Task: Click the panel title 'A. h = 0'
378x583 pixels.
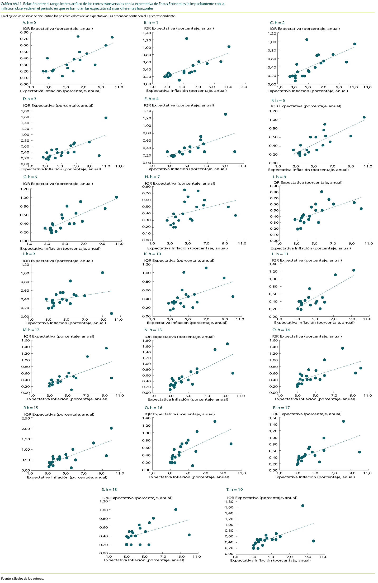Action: (29, 23)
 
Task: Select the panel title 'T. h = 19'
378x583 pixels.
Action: (234, 489)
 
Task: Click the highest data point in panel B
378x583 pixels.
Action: (187, 38)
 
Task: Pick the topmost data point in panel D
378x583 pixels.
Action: (106, 118)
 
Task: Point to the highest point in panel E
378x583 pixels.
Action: (225, 114)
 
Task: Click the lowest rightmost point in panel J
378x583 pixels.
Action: (111, 313)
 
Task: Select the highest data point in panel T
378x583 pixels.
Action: (303, 505)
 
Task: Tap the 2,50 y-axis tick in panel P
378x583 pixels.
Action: (26, 418)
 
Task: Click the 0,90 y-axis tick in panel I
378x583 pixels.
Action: (274, 186)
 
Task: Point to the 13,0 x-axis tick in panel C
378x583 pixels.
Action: (367, 87)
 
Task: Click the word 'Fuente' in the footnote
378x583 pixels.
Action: (6, 579)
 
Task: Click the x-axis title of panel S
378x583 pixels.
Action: (144, 560)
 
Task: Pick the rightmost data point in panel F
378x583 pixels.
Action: (364, 117)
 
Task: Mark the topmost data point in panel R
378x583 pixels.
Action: (343, 421)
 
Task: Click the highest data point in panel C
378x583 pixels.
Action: (307, 40)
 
